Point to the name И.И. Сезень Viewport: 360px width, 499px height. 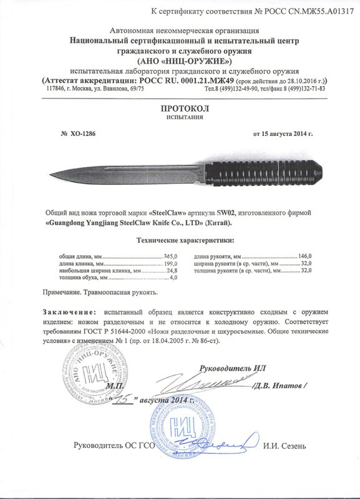[284, 445]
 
